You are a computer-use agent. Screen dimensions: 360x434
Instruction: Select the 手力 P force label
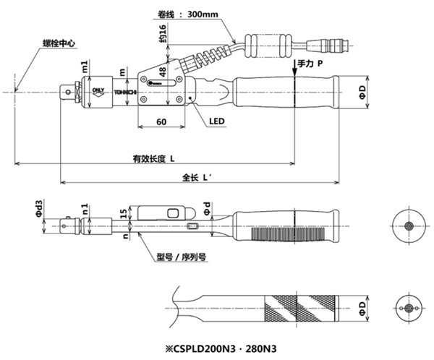[x=310, y=64]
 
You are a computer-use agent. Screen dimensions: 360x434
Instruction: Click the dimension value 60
[x=161, y=122]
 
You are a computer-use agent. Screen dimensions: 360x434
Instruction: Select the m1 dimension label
[x=85, y=67]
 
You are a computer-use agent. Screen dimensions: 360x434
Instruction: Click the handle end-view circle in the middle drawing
[x=409, y=226]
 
